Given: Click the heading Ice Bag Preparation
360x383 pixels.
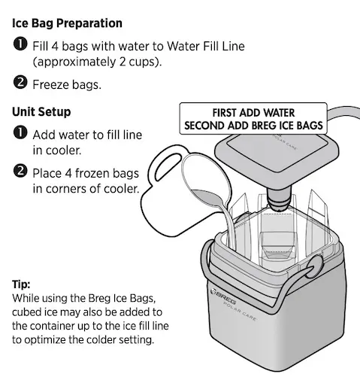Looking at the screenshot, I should click(x=67, y=24).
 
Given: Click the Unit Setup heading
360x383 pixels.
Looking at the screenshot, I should click(x=41, y=112).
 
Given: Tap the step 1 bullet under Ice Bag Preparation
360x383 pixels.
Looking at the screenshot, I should click(x=20, y=47).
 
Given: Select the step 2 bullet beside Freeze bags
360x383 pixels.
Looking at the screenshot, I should click(x=20, y=84).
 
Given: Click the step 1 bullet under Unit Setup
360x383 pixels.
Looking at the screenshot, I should click(x=20, y=134).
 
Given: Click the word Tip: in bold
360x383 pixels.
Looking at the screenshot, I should click(x=21, y=285).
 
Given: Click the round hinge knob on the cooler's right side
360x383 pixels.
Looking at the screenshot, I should click(x=316, y=266).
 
